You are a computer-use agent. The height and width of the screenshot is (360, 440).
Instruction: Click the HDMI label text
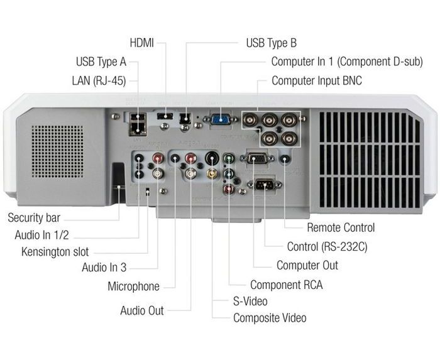(x=142, y=43)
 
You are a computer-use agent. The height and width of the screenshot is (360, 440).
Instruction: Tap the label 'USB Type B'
(x=271, y=43)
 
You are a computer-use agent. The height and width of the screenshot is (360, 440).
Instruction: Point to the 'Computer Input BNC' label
(x=316, y=81)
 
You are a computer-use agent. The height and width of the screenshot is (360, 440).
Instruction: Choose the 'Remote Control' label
(x=340, y=227)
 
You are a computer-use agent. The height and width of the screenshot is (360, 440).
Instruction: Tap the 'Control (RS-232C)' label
(x=326, y=246)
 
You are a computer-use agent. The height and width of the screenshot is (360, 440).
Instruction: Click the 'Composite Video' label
(x=269, y=317)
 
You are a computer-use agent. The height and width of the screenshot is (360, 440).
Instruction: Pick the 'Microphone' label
(x=134, y=286)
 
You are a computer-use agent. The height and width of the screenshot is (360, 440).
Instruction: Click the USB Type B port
(x=185, y=117)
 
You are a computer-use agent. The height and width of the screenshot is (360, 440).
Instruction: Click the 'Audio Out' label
(x=142, y=310)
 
